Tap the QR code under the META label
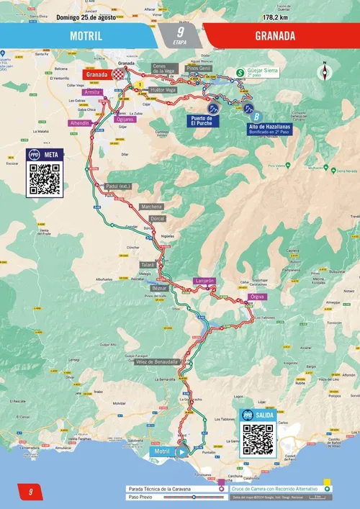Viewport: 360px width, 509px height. (43, 180)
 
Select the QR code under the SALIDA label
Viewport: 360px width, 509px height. (258, 438)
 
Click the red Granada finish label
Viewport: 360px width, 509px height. (96, 74)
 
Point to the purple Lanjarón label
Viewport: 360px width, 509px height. (204, 281)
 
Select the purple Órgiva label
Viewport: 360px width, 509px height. (256, 297)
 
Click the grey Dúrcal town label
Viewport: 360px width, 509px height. (157, 218)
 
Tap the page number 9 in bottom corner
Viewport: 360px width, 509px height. (31, 492)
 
